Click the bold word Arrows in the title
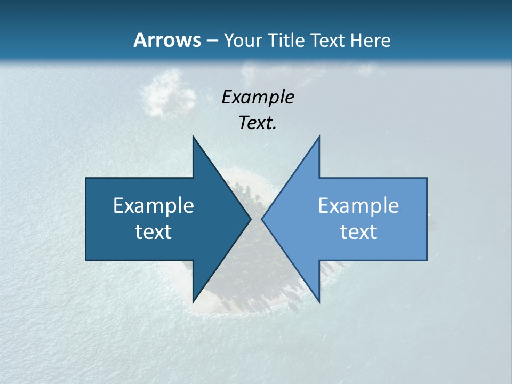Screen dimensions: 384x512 tap(167, 40)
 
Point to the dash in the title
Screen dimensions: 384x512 tap(212, 41)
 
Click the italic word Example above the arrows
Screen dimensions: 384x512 tap(258, 97)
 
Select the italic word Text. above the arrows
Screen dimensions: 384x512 tap(258, 123)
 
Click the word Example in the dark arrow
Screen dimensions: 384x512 tap(154, 205)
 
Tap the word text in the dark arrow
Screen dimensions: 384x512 tap(154, 232)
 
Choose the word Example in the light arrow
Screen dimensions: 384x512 tap(358, 205)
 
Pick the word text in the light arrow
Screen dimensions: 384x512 tap(358, 232)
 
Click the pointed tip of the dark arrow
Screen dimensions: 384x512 tap(250, 219)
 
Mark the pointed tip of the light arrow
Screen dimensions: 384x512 tap(262, 219)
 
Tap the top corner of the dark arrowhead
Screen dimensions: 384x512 tap(193, 137)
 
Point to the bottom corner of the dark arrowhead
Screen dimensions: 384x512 tap(193, 301)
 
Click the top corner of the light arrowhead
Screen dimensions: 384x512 tap(319, 137)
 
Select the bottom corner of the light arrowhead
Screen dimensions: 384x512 tap(319, 301)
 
